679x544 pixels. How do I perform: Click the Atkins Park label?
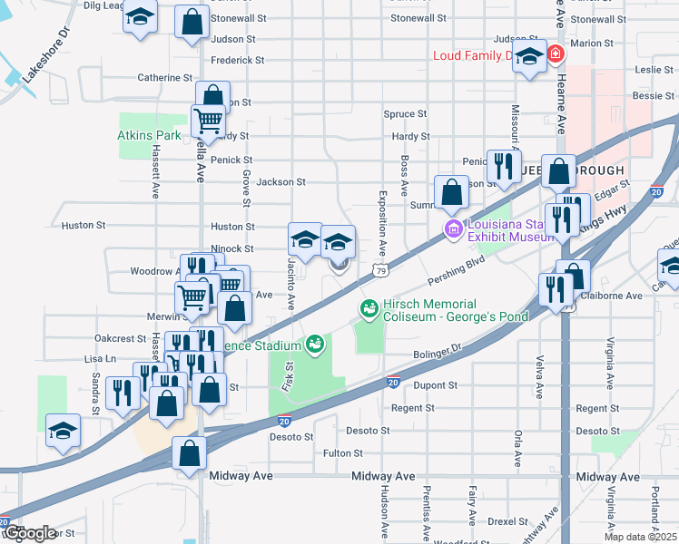[x=149, y=135]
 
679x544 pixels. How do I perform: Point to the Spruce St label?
[x=405, y=114]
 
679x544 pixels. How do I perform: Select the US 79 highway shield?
[x=382, y=270]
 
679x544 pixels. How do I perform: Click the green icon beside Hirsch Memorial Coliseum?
[x=369, y=310]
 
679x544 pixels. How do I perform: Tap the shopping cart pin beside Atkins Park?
[x=208, y=120]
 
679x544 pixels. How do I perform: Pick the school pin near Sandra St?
[x=64, y=430]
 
